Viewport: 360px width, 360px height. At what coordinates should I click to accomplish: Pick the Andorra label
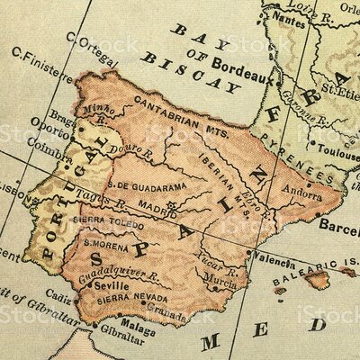click(x=300, y=191)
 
